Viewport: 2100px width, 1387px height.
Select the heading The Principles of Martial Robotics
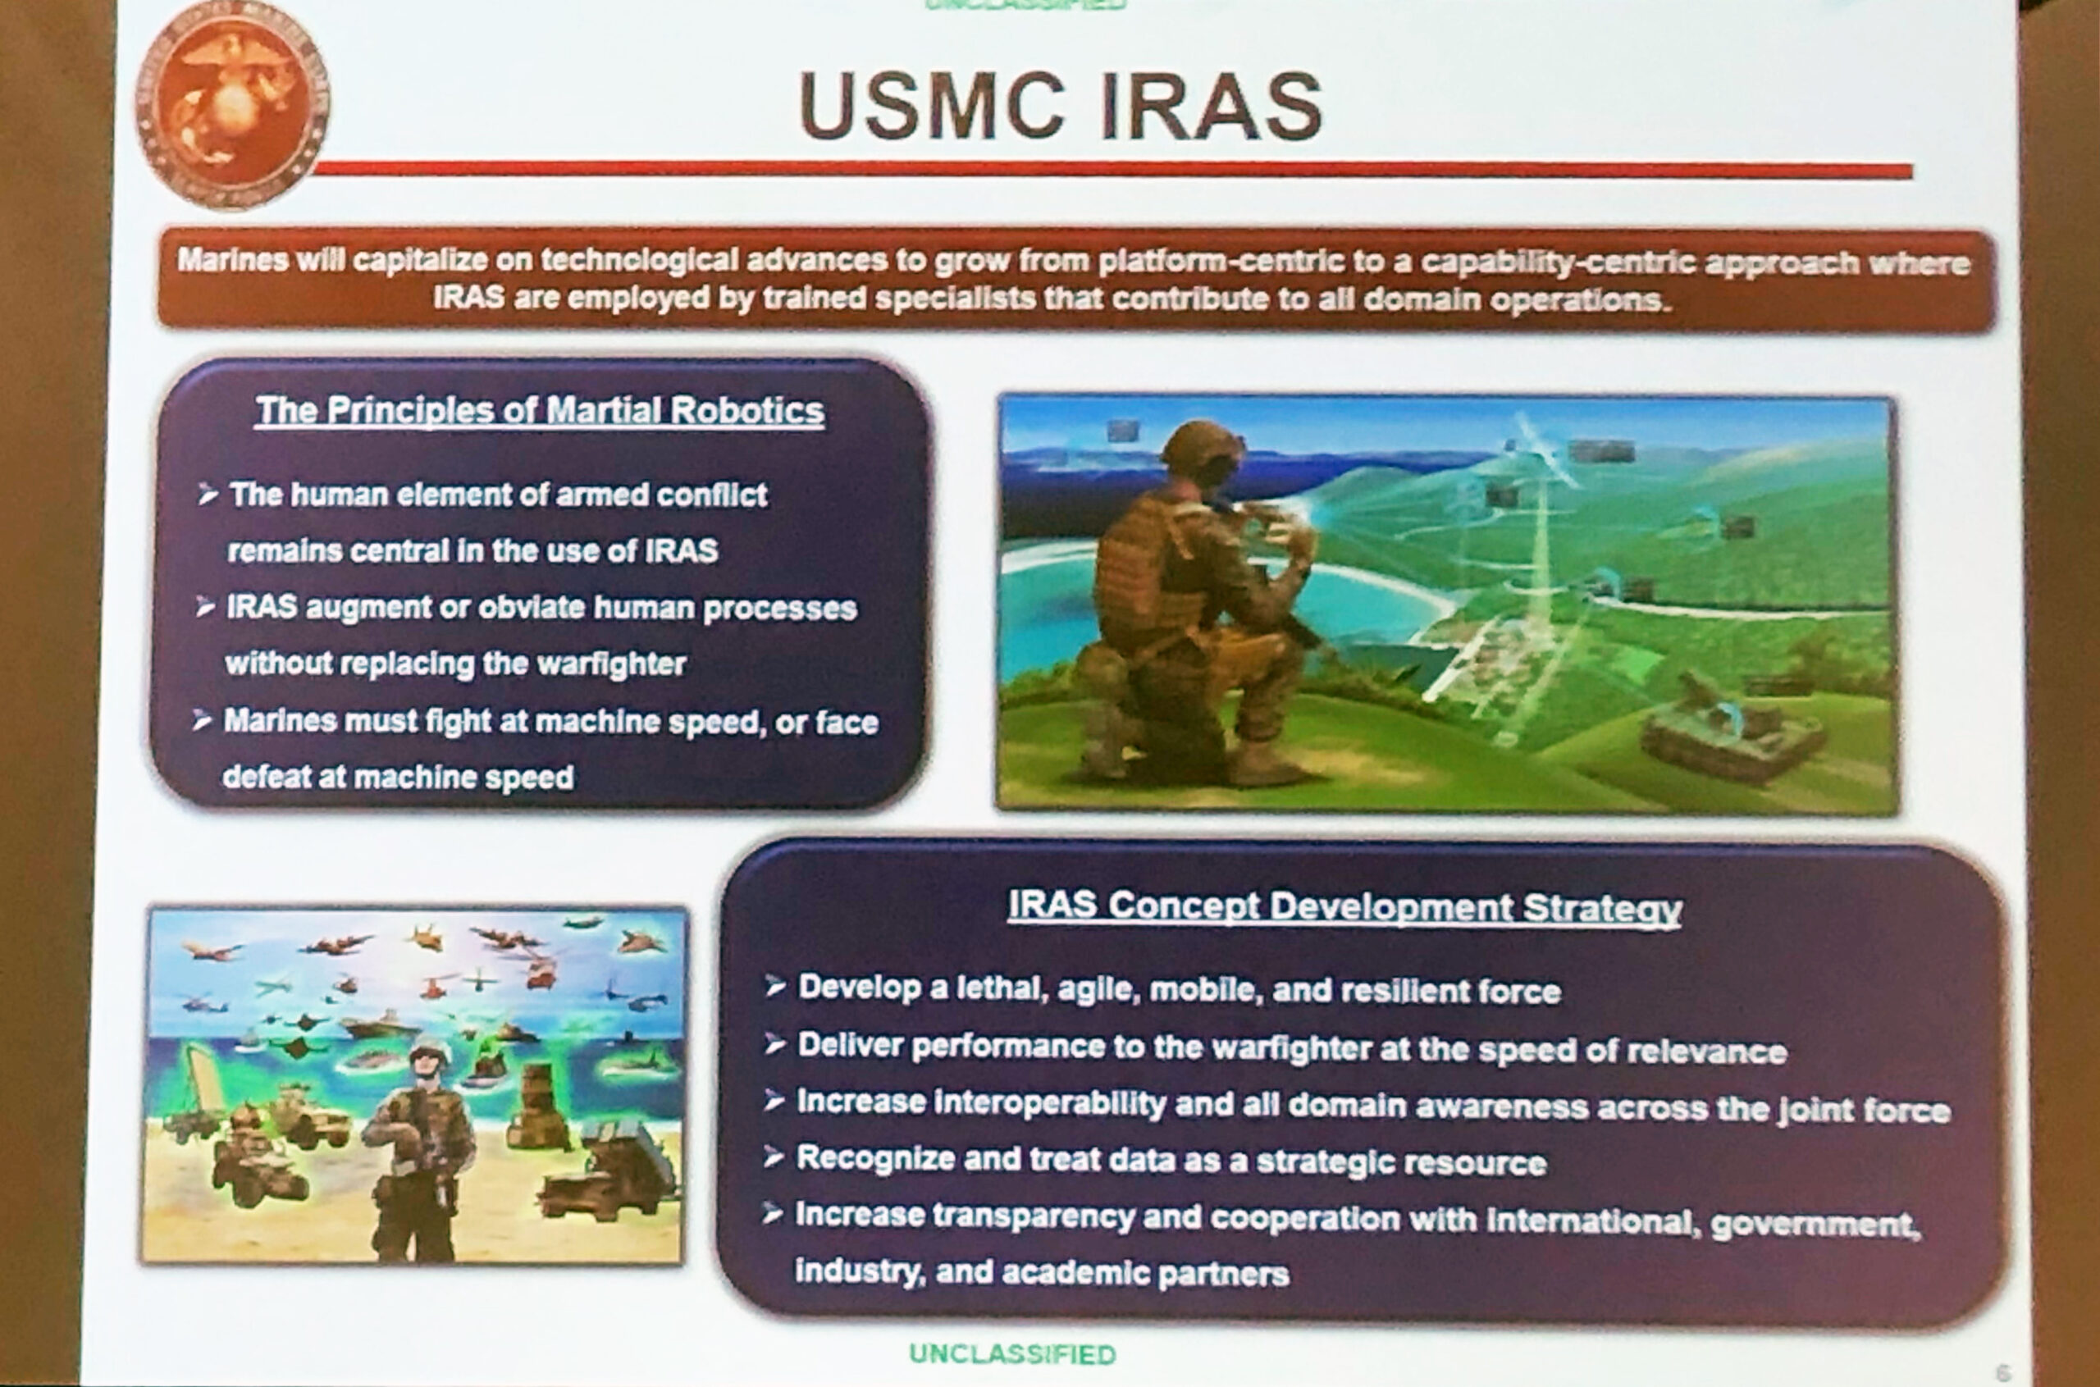point(540,411)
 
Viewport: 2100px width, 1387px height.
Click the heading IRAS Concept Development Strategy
point(1344,906)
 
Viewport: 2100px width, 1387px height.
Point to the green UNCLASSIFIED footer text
point(1012,1354)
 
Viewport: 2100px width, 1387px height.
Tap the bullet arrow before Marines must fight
point(203,721)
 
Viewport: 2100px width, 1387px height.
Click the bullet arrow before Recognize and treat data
point(774,1157)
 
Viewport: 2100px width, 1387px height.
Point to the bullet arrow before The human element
point(208,495)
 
